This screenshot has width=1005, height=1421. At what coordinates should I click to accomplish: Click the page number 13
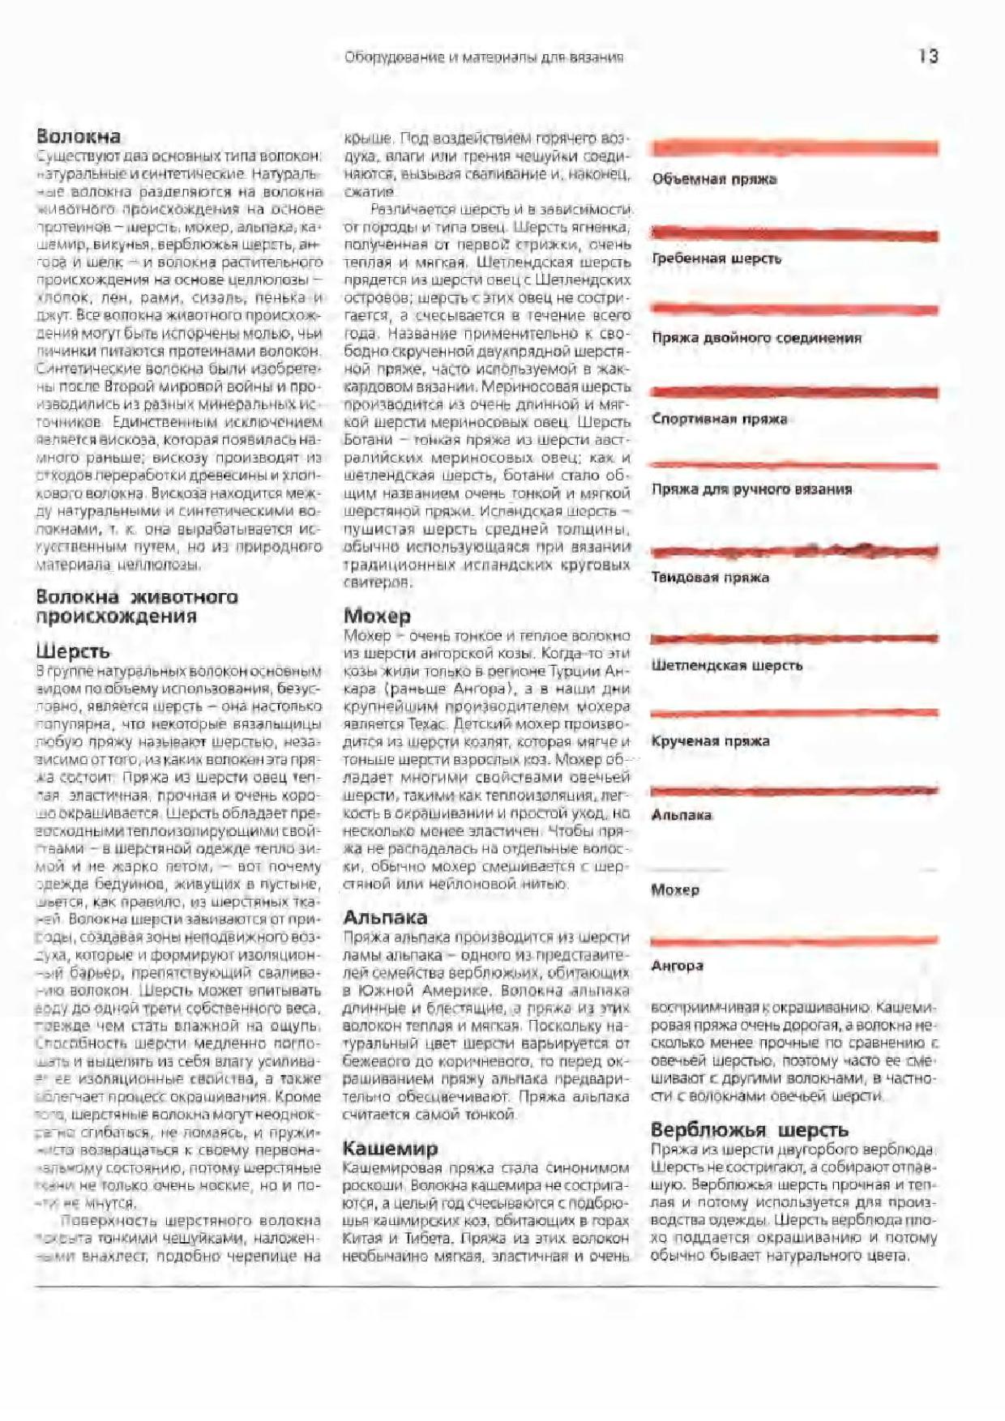click(928, 56)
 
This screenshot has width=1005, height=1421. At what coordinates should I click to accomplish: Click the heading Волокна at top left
click(79, 136)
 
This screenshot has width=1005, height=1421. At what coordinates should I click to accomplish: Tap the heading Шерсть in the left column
click(73, 651)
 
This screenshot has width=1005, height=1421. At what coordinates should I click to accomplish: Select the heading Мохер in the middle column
click(377, 616)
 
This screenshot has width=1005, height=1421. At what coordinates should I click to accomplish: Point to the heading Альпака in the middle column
click(385, 917)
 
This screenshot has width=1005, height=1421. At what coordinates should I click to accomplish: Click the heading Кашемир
click(390, 1148)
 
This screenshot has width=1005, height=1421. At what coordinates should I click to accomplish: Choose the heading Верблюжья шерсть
click(749, 1129)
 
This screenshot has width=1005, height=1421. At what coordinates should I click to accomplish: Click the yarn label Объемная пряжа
click(714, 179)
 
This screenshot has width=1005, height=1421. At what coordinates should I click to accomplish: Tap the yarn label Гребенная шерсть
click(716, 258)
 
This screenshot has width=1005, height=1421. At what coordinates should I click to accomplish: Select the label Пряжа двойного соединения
click(756, 338)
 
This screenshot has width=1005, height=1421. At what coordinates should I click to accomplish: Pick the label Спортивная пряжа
click(719, 419)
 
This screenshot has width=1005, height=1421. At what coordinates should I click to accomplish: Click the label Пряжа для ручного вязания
click(751, 489)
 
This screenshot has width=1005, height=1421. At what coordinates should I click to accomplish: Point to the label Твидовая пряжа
click(710, 578)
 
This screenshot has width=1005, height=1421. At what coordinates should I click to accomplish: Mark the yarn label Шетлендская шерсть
click(726, 666)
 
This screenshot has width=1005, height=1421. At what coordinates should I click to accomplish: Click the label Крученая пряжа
click(710, 740)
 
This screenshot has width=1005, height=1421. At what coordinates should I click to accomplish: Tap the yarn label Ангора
click(677, 966)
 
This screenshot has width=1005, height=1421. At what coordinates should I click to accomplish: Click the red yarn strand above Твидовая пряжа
click(794, 552)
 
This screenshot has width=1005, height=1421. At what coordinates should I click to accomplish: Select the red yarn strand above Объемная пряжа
click(794, 148)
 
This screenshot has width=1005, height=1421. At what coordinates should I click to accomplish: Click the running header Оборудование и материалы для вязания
click(484, 58)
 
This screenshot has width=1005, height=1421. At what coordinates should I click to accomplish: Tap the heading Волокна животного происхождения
click(136, 606)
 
